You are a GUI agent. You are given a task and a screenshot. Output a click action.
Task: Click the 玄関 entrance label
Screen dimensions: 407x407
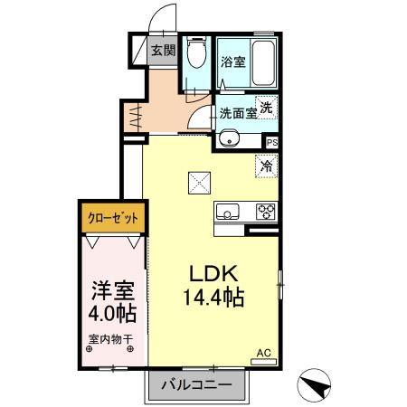coord(163,52)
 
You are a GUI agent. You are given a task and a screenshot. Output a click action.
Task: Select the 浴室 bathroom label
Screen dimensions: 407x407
coord(232,62)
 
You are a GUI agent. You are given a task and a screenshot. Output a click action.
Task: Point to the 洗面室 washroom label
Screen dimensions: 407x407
coord(237,114)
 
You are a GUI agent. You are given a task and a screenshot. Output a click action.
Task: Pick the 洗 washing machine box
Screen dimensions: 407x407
coord(267,107)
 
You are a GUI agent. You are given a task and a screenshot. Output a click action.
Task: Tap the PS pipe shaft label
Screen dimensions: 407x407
coord(271,141)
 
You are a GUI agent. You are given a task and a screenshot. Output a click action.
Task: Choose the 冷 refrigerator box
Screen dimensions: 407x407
coord(266,166)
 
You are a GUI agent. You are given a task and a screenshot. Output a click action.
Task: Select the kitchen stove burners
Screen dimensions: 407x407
coord(266,213)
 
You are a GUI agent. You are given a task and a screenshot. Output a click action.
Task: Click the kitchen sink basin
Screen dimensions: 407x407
coord(226,213)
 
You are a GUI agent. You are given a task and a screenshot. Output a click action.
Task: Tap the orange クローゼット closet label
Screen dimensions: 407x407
coord(112,218)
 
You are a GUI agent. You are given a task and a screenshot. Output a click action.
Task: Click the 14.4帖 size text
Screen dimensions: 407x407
coord(213,296)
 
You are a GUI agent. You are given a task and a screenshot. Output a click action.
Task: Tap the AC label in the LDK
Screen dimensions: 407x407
coord(263,353)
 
